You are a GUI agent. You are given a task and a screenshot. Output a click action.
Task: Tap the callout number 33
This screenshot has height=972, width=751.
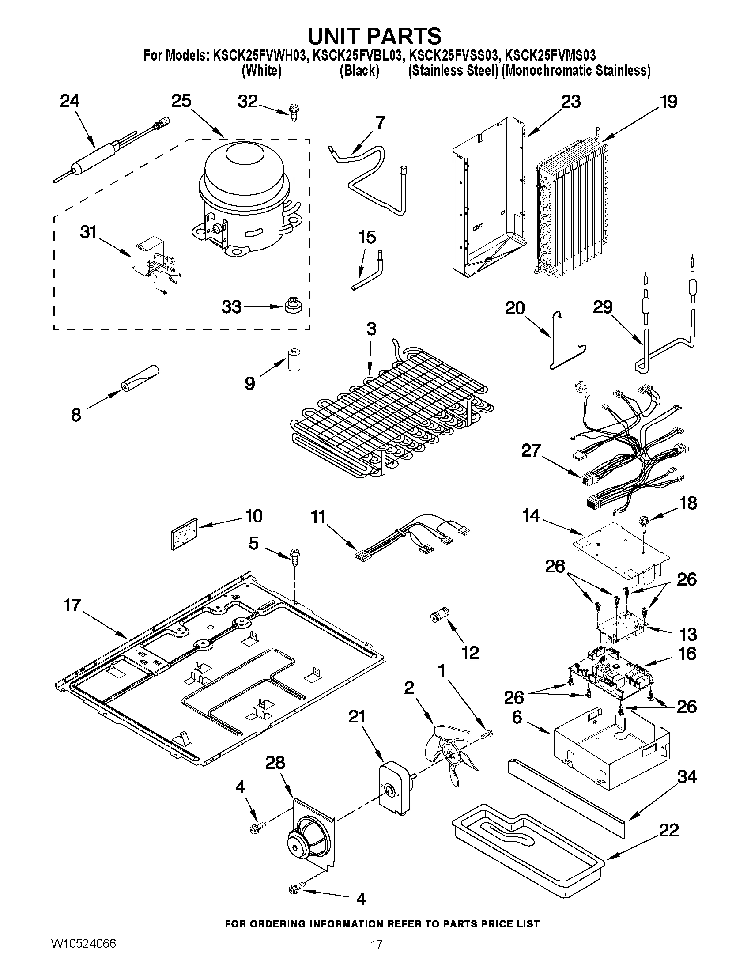point(231,306)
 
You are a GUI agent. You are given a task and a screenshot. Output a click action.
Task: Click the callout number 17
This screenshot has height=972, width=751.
point(72,605)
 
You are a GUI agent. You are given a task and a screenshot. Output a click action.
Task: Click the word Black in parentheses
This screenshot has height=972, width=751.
point(359,71)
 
